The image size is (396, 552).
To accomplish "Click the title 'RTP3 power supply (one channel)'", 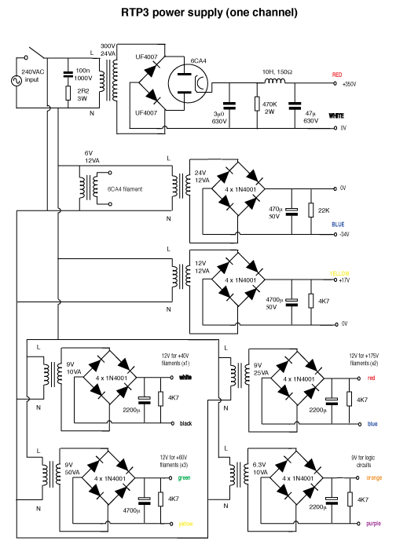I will tap(197, 13).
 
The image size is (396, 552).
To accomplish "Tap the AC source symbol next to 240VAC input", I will tap(13, 79).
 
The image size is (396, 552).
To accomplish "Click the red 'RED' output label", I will tap(337, 75).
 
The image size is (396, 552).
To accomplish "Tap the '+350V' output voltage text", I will tap(349, 83).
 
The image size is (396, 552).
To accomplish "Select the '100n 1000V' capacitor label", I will tap(82, 75).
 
